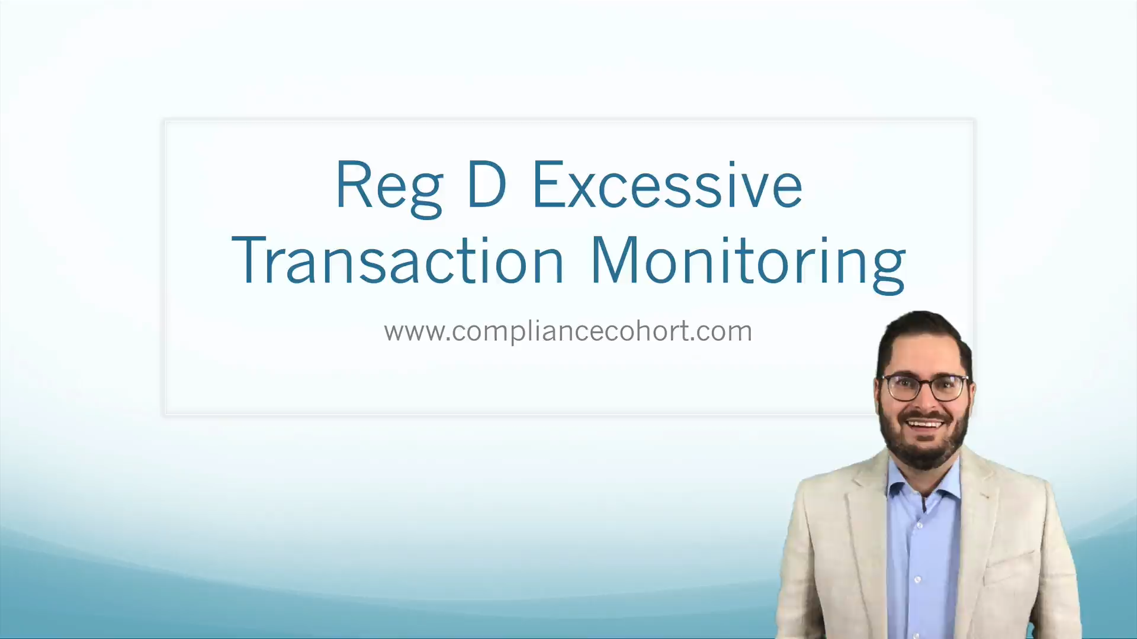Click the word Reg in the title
(389, 186)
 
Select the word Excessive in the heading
(667, 185)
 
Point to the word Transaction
(397, 260)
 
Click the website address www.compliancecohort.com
(568, 331)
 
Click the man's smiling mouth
(926, 424)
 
